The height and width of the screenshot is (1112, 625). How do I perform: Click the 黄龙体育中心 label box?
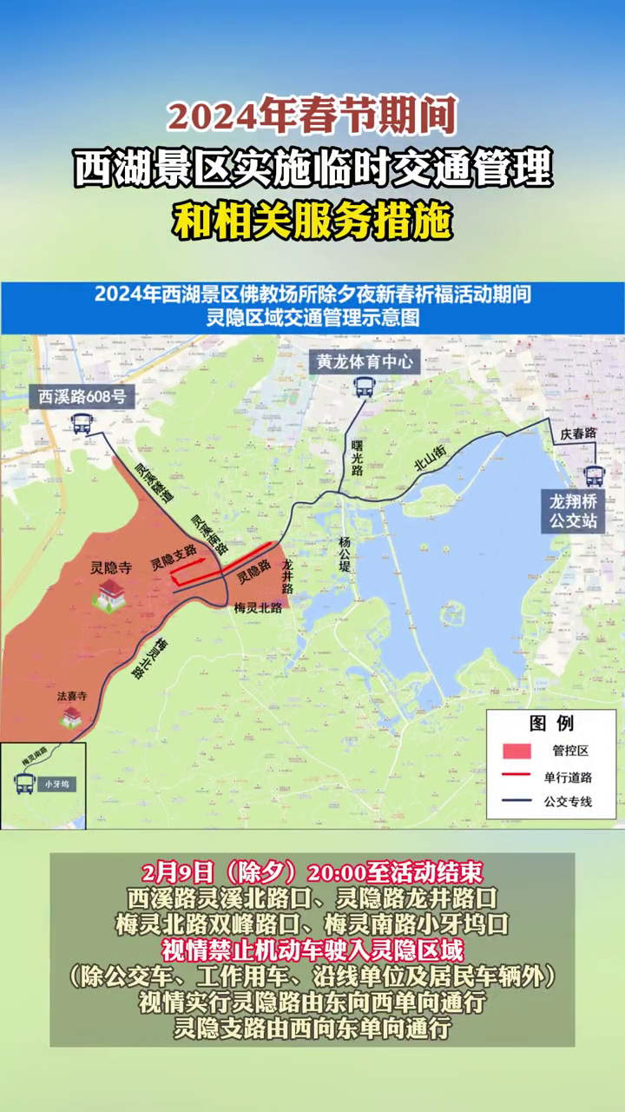pyautogui.click(x=365, y=362)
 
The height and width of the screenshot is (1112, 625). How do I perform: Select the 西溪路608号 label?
pyautogui.click(x=82, y=398)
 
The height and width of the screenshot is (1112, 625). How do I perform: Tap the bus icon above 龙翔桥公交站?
pyautogui.click(x=595, y=475)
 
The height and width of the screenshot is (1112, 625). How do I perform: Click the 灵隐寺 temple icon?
pyautogui.click(x=111, y=594)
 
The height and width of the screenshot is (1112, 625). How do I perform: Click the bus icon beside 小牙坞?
pyautogui.click(x=23, y=783)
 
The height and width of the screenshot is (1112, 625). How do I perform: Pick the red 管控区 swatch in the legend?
pyautogui.click(x=517, y=751)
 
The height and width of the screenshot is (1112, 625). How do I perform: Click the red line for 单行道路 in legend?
pyautogui.click(x=517, y=776)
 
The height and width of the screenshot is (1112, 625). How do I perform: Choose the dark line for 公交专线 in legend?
pyautogui.click(x=517, y=801)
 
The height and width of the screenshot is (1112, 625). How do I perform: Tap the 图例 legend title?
pyautogui.click(x=551, y=723)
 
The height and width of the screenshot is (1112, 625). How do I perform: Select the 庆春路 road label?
pyautogui.click(x=578, y=433)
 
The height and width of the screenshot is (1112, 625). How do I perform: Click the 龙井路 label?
pyautogui.click(x=287, y=576)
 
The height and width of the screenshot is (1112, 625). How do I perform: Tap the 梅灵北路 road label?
pyautogui.click(x=258, y=609)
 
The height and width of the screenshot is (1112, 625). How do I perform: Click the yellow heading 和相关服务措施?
pyautogui.click(x=312, y=222)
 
